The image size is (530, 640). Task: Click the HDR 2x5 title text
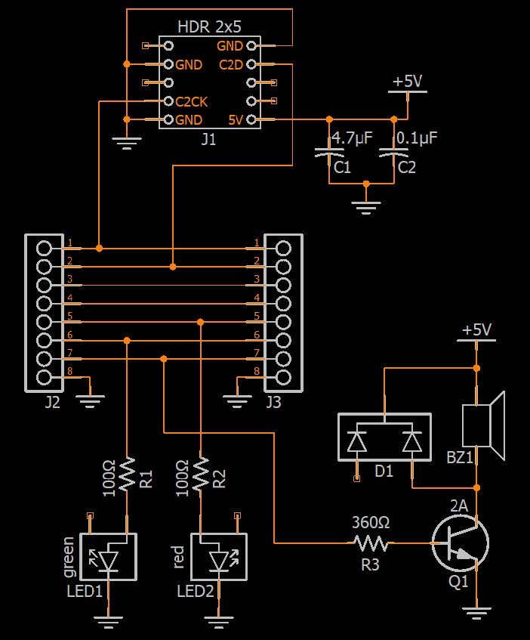209,27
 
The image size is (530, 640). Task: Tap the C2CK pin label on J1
191,102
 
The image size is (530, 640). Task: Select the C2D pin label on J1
231,64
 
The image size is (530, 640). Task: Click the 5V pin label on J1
236,120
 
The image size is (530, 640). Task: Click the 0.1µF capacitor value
417,138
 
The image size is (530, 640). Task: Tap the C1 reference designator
342,167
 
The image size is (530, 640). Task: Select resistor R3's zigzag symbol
371,543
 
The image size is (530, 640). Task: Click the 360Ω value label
371,522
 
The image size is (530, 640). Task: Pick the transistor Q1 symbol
461,543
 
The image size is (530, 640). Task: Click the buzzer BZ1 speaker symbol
483,425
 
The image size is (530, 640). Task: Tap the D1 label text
384,471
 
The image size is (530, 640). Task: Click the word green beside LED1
69,557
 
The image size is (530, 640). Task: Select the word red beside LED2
179,557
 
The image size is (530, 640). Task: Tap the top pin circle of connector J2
44,248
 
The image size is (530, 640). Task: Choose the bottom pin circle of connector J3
283,378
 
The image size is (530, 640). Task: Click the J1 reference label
208,140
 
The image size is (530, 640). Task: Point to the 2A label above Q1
459,506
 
